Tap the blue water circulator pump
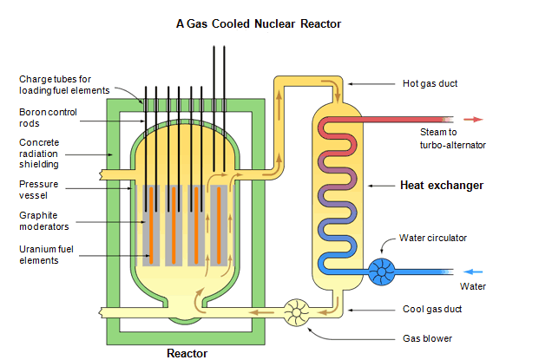pos(381,272)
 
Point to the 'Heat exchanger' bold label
pos(441,186)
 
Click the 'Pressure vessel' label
pos(39,189)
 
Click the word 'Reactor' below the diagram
pos(187,353)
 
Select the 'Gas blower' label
pos(426,338)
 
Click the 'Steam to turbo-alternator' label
pos(452,139)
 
